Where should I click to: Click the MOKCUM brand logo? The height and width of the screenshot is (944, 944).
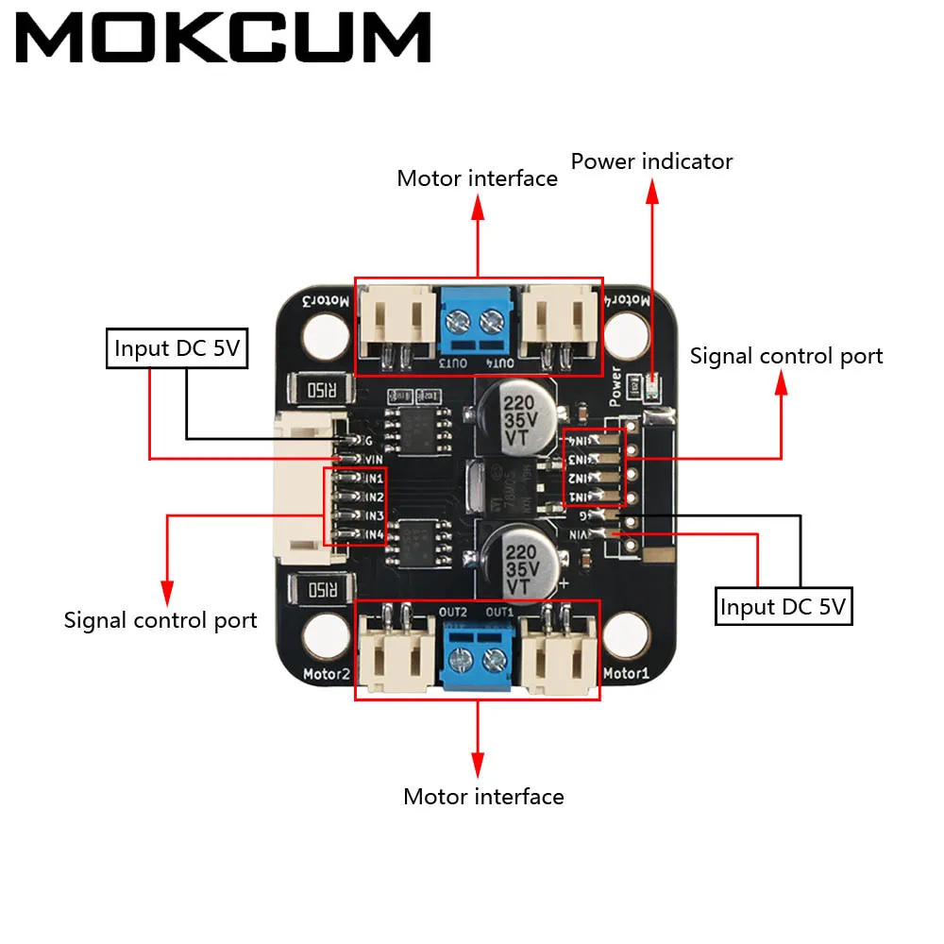(x=224, y=40)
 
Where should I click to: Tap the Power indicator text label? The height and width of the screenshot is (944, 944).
(x=651, y=161)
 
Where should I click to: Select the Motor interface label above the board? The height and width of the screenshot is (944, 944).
(x=477, y=178)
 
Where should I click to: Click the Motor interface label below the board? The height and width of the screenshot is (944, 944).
(x=483, y=797)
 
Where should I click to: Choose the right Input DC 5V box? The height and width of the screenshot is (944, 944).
(x=783, y=606)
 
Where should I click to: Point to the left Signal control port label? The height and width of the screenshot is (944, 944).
(x=160, y=620)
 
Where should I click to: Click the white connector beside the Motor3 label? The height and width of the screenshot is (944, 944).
(x=397, y=322)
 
